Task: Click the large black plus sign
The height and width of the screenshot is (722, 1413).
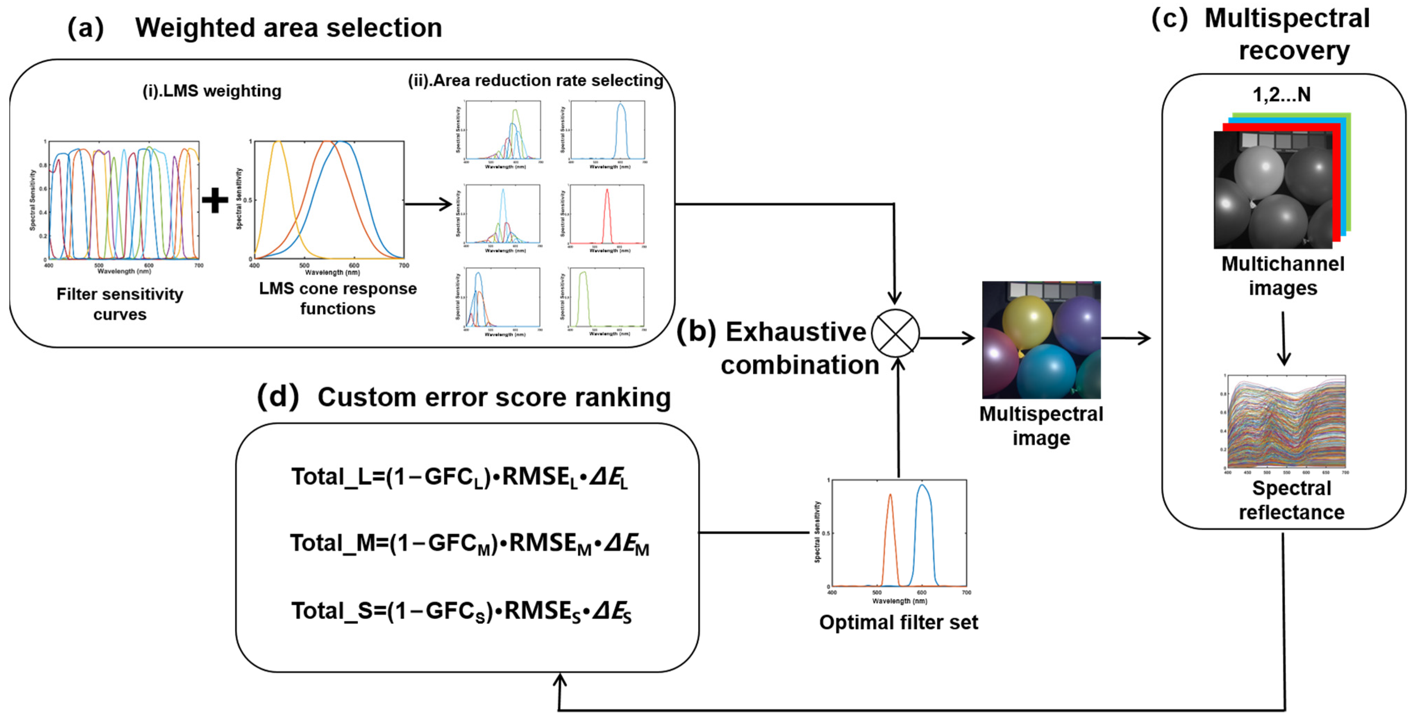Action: tap(215, 200)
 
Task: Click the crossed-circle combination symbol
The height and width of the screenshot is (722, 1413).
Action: tap(895, 333)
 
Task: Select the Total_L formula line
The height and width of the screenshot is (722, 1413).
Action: tap(460, 477)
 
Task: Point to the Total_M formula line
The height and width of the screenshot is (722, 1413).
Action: tap(469, 544)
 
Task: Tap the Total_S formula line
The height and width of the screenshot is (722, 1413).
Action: tap(461, 611)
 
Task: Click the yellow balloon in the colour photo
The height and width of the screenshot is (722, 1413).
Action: tap(1027, 323)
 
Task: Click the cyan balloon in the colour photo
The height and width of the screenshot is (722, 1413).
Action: tap(1046, 370)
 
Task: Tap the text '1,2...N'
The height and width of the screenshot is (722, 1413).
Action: tap(1281, 95)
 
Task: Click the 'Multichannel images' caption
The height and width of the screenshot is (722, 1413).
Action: tap(1282, 276)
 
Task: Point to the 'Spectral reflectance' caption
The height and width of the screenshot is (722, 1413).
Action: tap(1291, 500)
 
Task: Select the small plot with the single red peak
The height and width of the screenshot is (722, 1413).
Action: tap(607, 215)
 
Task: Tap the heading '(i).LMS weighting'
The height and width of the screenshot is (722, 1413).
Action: tap(212, 91)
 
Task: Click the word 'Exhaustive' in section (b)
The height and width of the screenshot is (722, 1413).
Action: tap(795, 332)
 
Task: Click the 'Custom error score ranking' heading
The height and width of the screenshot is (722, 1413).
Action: tap(494, 397)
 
